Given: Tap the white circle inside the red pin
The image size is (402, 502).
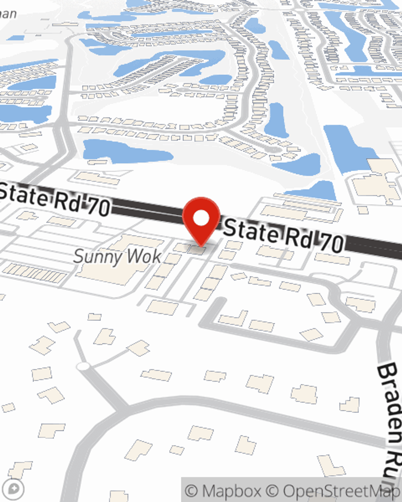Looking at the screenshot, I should pyautogui.click(x=201, y=218).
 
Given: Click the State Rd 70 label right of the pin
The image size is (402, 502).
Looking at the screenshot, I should pyautogui.click(x=283, y=236).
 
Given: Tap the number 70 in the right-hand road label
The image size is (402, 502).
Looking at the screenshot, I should pyautogui.click(x=332, y=243).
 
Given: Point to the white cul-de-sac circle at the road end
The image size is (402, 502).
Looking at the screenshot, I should pyautogui.click(x=83, y=366).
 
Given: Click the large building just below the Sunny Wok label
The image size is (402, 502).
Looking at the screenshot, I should pyautogui.click(x=109, y=275).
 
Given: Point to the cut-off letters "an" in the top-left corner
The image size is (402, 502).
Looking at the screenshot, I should pyautogui.click(x=8, y=14).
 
